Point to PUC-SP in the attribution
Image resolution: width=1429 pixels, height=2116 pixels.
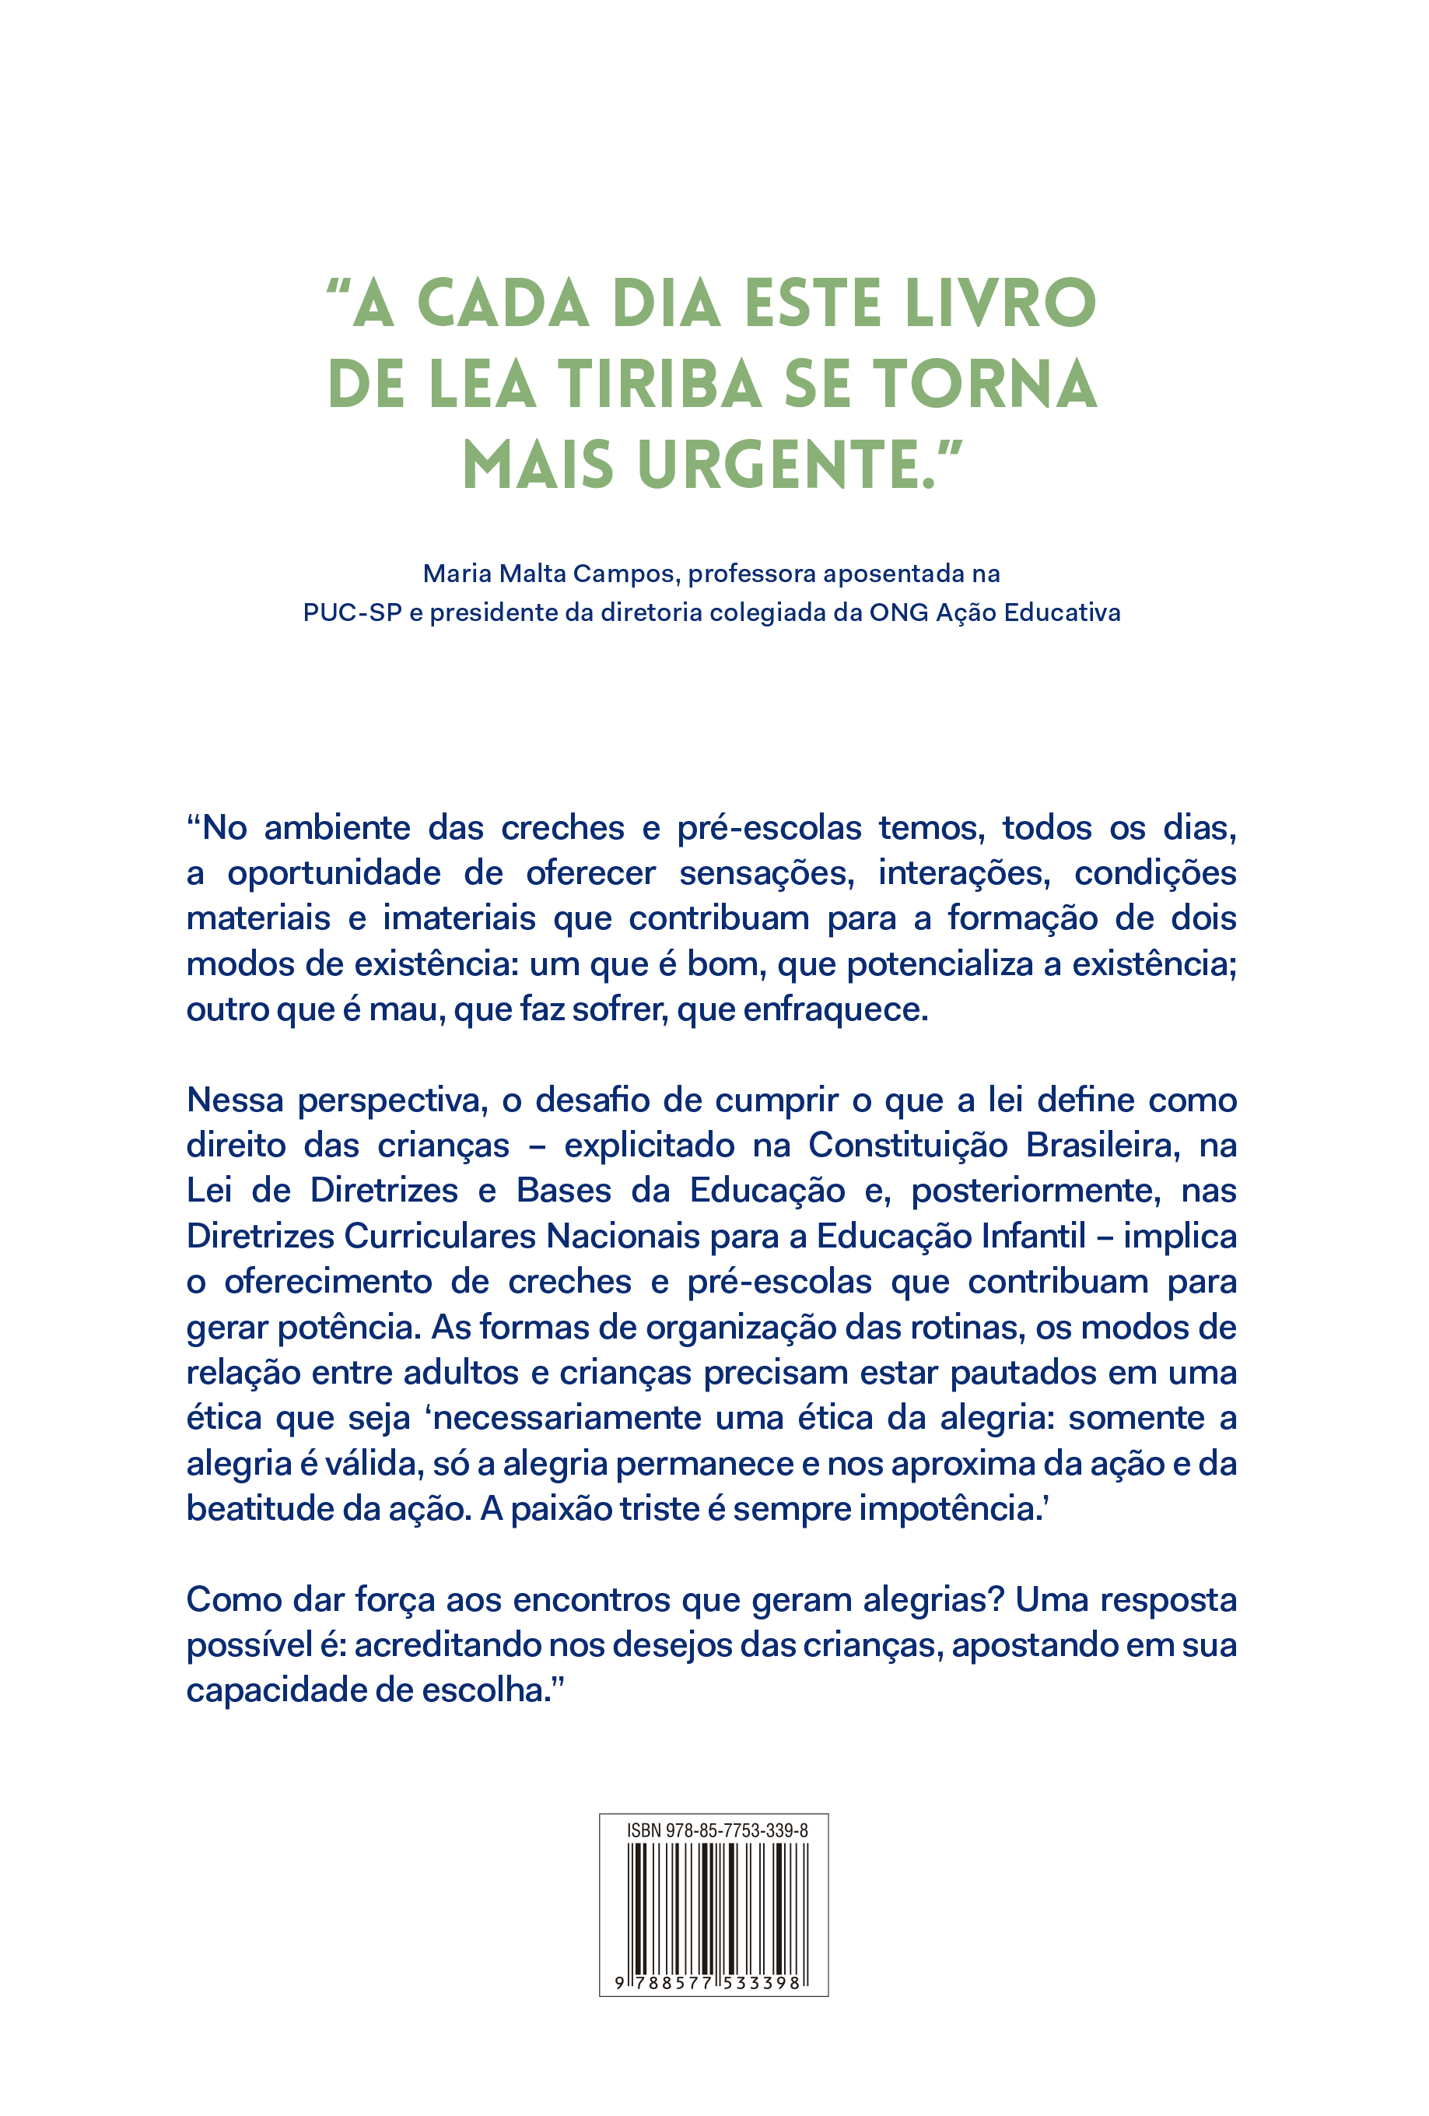pos(352,612)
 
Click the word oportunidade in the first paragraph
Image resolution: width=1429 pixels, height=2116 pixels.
pos(333,873)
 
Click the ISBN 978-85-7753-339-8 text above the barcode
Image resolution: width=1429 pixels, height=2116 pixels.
pos(716,1830)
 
